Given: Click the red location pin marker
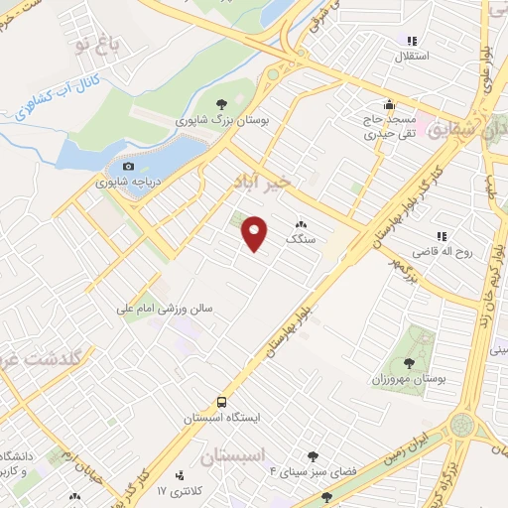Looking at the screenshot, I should point(256,232).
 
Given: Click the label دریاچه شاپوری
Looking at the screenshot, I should point(126,183).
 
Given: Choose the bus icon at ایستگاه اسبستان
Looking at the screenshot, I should point(221,403).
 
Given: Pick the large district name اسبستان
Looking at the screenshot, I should point(236,457).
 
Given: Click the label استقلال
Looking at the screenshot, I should point(412,58).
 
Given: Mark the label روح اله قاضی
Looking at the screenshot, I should point(443,252).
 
